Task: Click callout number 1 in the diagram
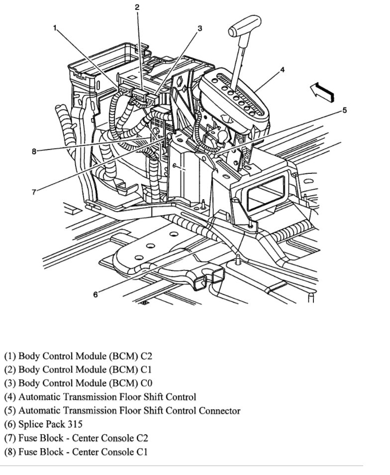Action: click(55, 28)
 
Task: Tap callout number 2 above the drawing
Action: click(137, 7)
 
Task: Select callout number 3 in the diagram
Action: click(200, 28)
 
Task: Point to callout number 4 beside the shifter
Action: click(282, 70)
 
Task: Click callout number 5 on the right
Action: click(344, 110)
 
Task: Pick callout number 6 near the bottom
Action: click(96, 294)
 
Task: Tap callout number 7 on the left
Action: click(34, 192)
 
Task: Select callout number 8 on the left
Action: click(34, 152)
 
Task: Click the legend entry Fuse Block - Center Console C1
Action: click(76, 452)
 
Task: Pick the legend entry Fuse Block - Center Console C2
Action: click(76, 438)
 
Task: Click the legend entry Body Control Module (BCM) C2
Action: click(78, 356)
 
